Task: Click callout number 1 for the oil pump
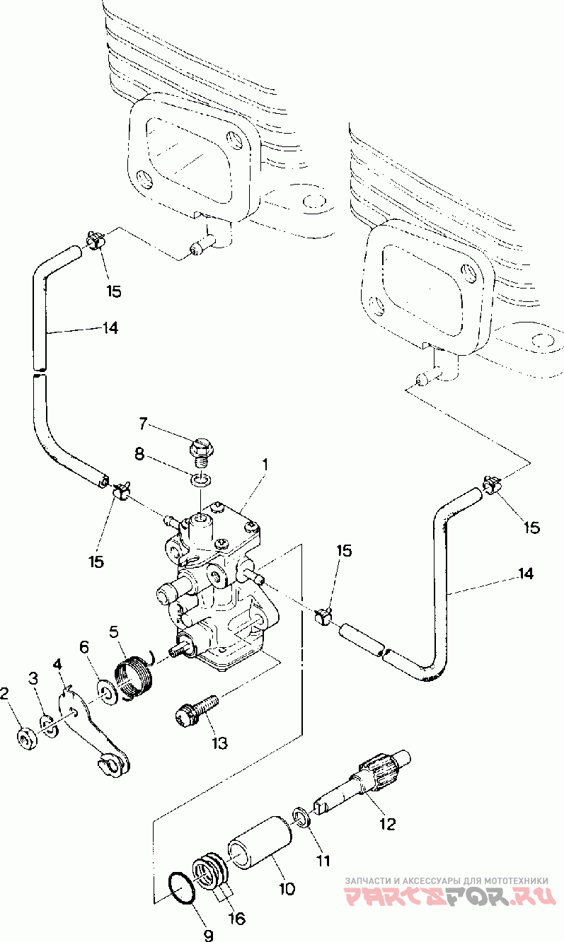click(x=265, y=465)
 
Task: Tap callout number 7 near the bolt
click(x=143, y=424)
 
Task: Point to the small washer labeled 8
click(x=202, y=479)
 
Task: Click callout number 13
click(x=219, y=743)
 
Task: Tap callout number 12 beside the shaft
click(x=387, y=824)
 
